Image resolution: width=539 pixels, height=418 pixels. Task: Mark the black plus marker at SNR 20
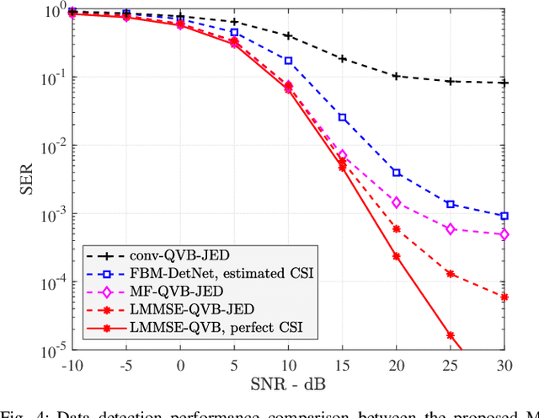(x=397, y=76)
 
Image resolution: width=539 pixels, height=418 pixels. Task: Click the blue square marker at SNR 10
(x=288, y=61)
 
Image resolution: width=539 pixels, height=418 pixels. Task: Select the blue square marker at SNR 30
(x=504, y=216)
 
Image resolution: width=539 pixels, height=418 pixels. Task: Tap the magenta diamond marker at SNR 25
(x=451, y=229)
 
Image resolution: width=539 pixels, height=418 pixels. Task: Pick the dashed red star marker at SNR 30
(x=504, y=297)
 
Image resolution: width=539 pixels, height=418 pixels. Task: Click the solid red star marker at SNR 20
(x=397, y=257)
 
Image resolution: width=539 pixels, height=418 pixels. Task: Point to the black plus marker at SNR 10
(x=288, y=35)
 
